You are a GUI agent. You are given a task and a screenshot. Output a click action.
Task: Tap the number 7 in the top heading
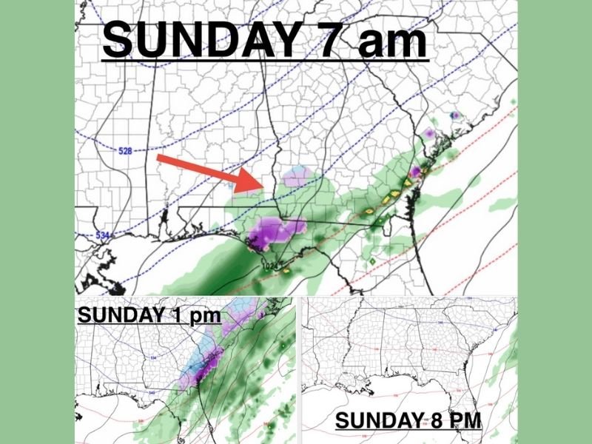pyautogui.click(x=321, y=41)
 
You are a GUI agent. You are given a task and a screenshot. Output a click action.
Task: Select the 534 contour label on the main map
pyautogui.click(x=104, y=235)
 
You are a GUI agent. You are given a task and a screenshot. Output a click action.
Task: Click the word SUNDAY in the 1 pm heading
pyautogui.click(x=118, y=314)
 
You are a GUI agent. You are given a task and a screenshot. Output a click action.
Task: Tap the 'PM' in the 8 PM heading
pyautogui.click(x=465, y=421)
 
